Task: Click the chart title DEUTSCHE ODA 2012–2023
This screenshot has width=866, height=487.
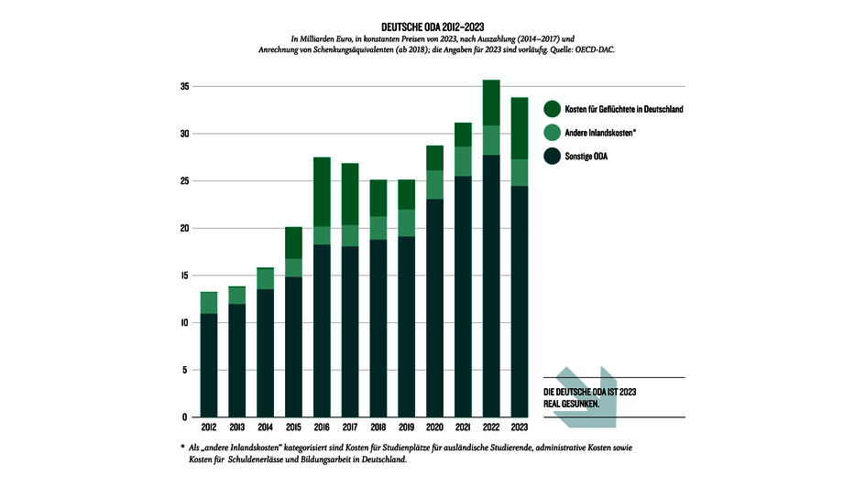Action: tap(433, 27)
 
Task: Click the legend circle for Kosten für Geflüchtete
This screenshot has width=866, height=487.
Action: tap(552, 109)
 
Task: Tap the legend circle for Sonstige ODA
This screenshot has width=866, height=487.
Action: tap(552, 157)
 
